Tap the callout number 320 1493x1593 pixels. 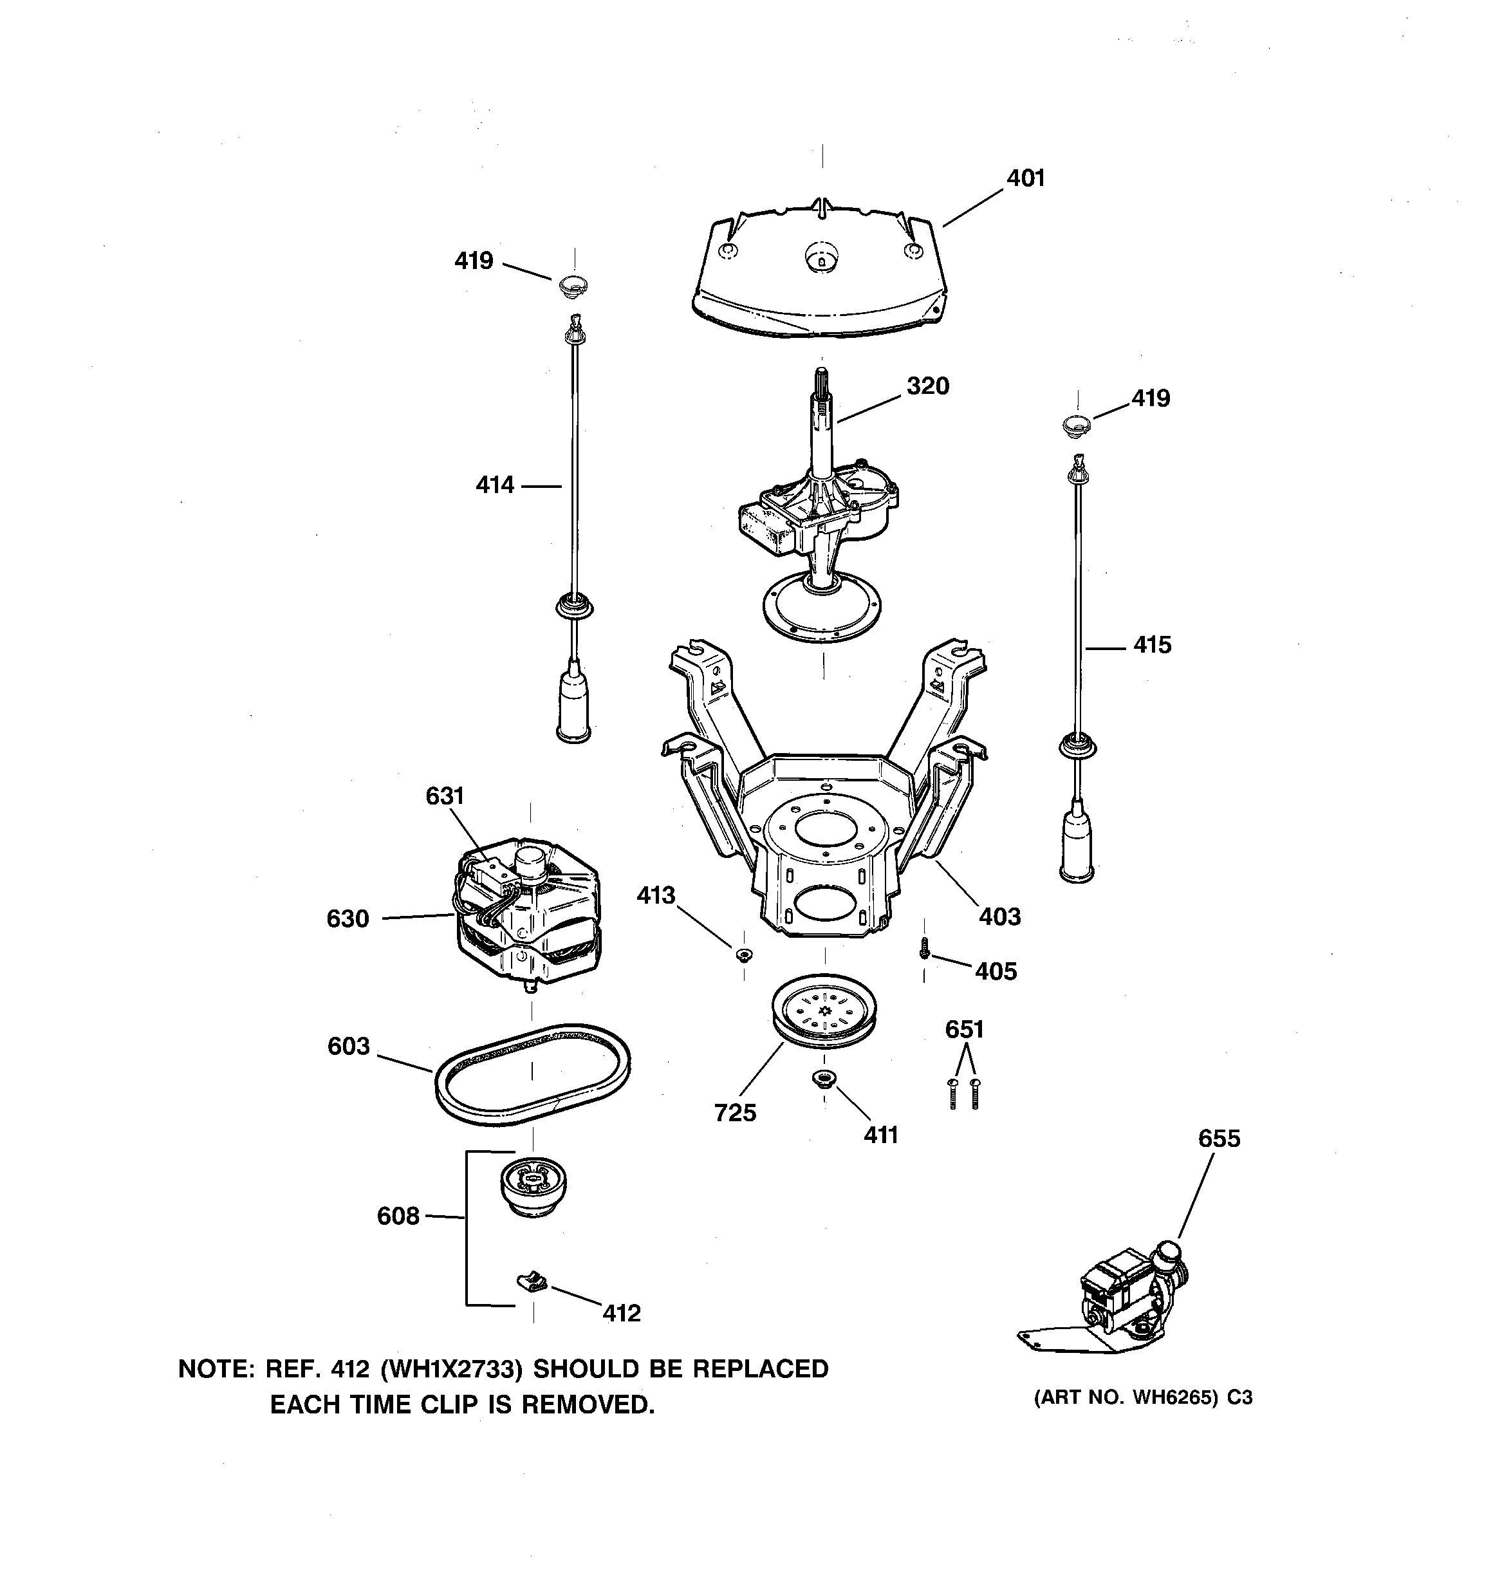point(927,386)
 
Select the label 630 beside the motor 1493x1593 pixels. point(348,918)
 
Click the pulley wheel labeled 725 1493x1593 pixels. point(824,1017)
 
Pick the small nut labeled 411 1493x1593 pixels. point(824,1080)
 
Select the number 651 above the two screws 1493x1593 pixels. point(964,1029)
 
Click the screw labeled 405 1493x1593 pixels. point(924,948)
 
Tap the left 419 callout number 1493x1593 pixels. point(474,261)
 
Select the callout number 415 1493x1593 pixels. point(1152,645)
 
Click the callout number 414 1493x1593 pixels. point(494,485)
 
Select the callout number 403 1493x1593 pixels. point(999,917)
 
